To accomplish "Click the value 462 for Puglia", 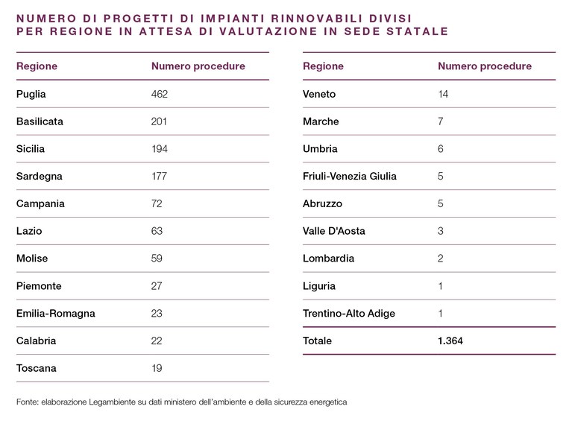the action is tap(160, 94).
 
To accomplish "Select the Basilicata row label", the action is tap(40, 121).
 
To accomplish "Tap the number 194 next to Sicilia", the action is tap(160, 149).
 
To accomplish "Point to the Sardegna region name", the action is tap(40, 177).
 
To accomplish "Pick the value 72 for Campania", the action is tap(157, 203).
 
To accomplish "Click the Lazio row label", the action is tap(29, 231).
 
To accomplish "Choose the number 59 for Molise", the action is tap(157, 258).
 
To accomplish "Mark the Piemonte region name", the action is tap(39, 286).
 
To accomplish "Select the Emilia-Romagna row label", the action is tap(56, 314).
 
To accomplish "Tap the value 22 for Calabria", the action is tap(157, 341).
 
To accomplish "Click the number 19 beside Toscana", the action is tap(157, 368).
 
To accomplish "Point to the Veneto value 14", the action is tap(443, 94).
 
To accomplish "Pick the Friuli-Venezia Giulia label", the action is tap(350, 176).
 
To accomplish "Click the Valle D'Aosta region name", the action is tap(334, 231).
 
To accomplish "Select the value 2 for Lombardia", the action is tap(441, 258).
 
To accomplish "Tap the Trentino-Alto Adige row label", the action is tap(349, 314).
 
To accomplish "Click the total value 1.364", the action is tap(450, 341).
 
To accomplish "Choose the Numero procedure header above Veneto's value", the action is tap(485, 66).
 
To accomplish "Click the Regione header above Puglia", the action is tap(37, 66).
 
